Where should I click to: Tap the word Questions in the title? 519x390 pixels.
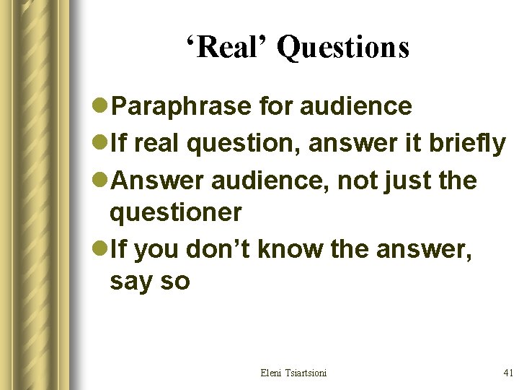(343, 48)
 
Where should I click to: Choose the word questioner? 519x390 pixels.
(175, 212)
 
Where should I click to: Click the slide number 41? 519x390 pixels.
(507, 373)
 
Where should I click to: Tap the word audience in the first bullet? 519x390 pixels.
(358, 107)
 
